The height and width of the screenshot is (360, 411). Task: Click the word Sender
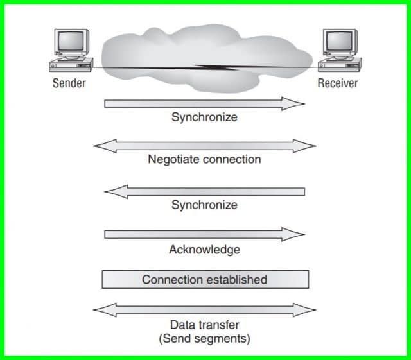coord(69,83)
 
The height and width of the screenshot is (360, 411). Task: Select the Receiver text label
coord(338,83)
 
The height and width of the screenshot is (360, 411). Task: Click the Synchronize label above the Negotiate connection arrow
coord(204,117)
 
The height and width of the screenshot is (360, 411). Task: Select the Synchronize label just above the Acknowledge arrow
coord(204,205)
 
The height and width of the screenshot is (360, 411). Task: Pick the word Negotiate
coord(174,159)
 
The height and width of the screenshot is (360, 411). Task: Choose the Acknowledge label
coord(204,249)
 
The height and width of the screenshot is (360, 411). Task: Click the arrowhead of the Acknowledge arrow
coord(297,234)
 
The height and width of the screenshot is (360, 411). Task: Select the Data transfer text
coord(204,325)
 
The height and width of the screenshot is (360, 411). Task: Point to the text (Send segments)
coord(204,338)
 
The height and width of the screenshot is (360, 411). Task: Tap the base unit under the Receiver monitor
coord(339,64)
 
